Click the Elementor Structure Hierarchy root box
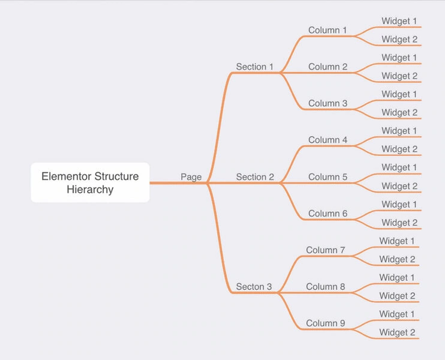coord(90,182)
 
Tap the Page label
coord(191,177)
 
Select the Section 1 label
coord(254,67)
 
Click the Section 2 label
coord(255,177)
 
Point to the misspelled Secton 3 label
coord(254,287)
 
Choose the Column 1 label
coord(327,30)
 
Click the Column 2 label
coord(328,67)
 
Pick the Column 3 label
coord(328,103)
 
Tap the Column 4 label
coord(328,140)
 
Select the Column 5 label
coord(328,177)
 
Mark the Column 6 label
coord(328,214)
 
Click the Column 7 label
coord(326,250)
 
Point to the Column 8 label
coord(326,287)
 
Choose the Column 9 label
coord(326,323)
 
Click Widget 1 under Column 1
coord(399,21)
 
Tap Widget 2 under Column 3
coord(399,113)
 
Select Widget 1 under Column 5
coord(399,167)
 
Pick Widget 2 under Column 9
coord(397,332)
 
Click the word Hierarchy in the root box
coord(90,190)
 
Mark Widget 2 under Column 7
coord(397,259)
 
